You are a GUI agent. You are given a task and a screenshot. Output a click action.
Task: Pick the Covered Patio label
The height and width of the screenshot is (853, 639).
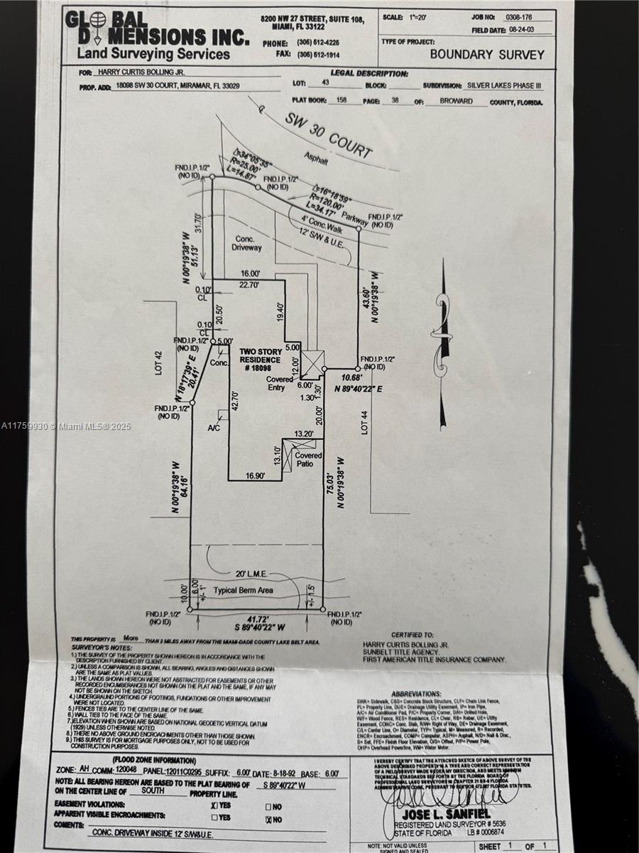[308, 460]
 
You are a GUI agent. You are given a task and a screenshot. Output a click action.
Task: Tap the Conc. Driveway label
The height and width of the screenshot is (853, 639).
[246, 244]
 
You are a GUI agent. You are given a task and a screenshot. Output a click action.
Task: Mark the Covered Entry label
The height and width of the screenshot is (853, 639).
[280, 384]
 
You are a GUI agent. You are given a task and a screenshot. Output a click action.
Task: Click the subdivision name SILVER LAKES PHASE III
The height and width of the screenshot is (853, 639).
[503, 85]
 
